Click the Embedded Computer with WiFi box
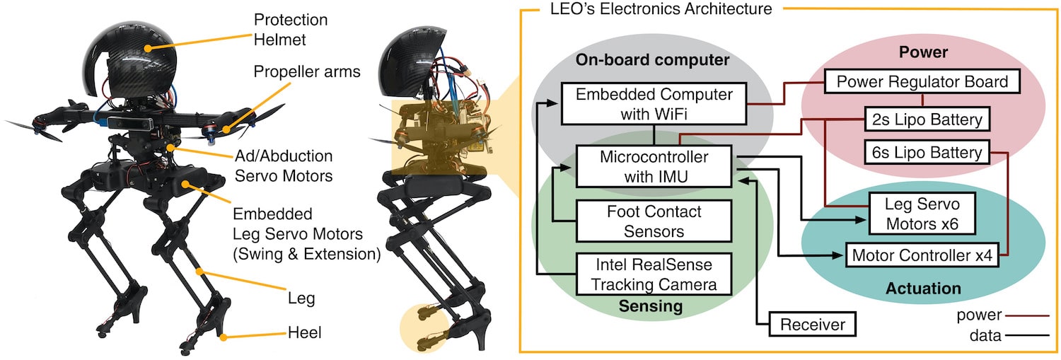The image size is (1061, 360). [654, 103]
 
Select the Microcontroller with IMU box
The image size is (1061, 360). [654, 166]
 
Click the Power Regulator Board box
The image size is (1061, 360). [922, 81]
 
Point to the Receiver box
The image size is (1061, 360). [813, 325]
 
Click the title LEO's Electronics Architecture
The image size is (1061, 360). [661, 9]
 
